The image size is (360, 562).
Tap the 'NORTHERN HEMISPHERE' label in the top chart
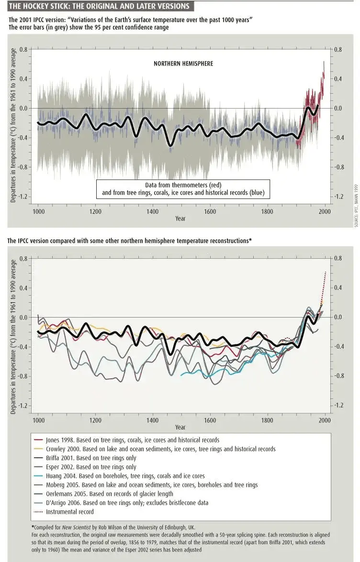(183, 64)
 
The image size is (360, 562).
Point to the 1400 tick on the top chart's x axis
(153, 211)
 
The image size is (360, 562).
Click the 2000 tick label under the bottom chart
(325, 420)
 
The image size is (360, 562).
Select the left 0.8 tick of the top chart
(22, 49)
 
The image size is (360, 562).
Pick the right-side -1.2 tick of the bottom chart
(338, 406)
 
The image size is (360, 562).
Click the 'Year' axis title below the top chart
(180, 218)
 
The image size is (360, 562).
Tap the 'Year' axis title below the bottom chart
(180, 427)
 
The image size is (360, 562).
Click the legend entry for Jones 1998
(127, 440)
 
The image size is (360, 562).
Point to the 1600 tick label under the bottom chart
(210, 420)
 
